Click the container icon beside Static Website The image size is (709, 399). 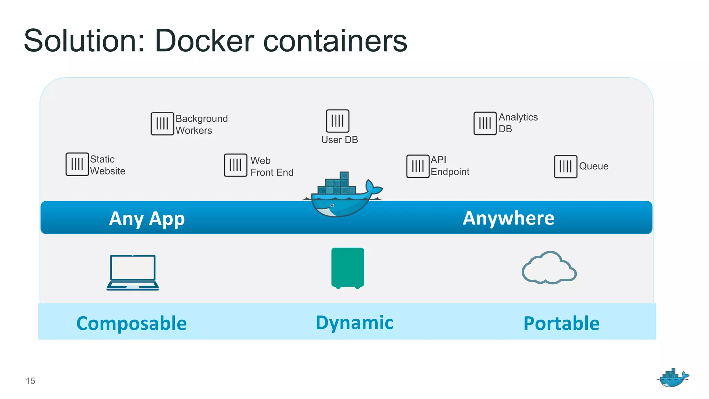point(77,164)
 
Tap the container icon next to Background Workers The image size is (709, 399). point(162,124)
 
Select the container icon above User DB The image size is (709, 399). point(338,121)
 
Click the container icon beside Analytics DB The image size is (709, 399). point(485,123)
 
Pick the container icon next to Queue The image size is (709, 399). point(565,167)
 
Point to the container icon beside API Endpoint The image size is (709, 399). point(418,166)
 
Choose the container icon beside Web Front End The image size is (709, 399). point(235,165)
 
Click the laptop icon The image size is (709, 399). point(133,273)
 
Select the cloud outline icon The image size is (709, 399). point(549,268)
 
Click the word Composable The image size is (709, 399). point(132,323)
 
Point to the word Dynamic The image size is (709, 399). point(354,323)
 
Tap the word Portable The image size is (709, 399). point(561,323)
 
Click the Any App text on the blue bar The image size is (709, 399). point(147,219)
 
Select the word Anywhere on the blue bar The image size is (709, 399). point(509,218)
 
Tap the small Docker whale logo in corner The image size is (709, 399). point(673,378)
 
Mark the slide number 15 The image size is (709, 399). point(30,381)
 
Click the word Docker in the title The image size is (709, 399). point(204,41)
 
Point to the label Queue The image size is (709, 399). point(593,166)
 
